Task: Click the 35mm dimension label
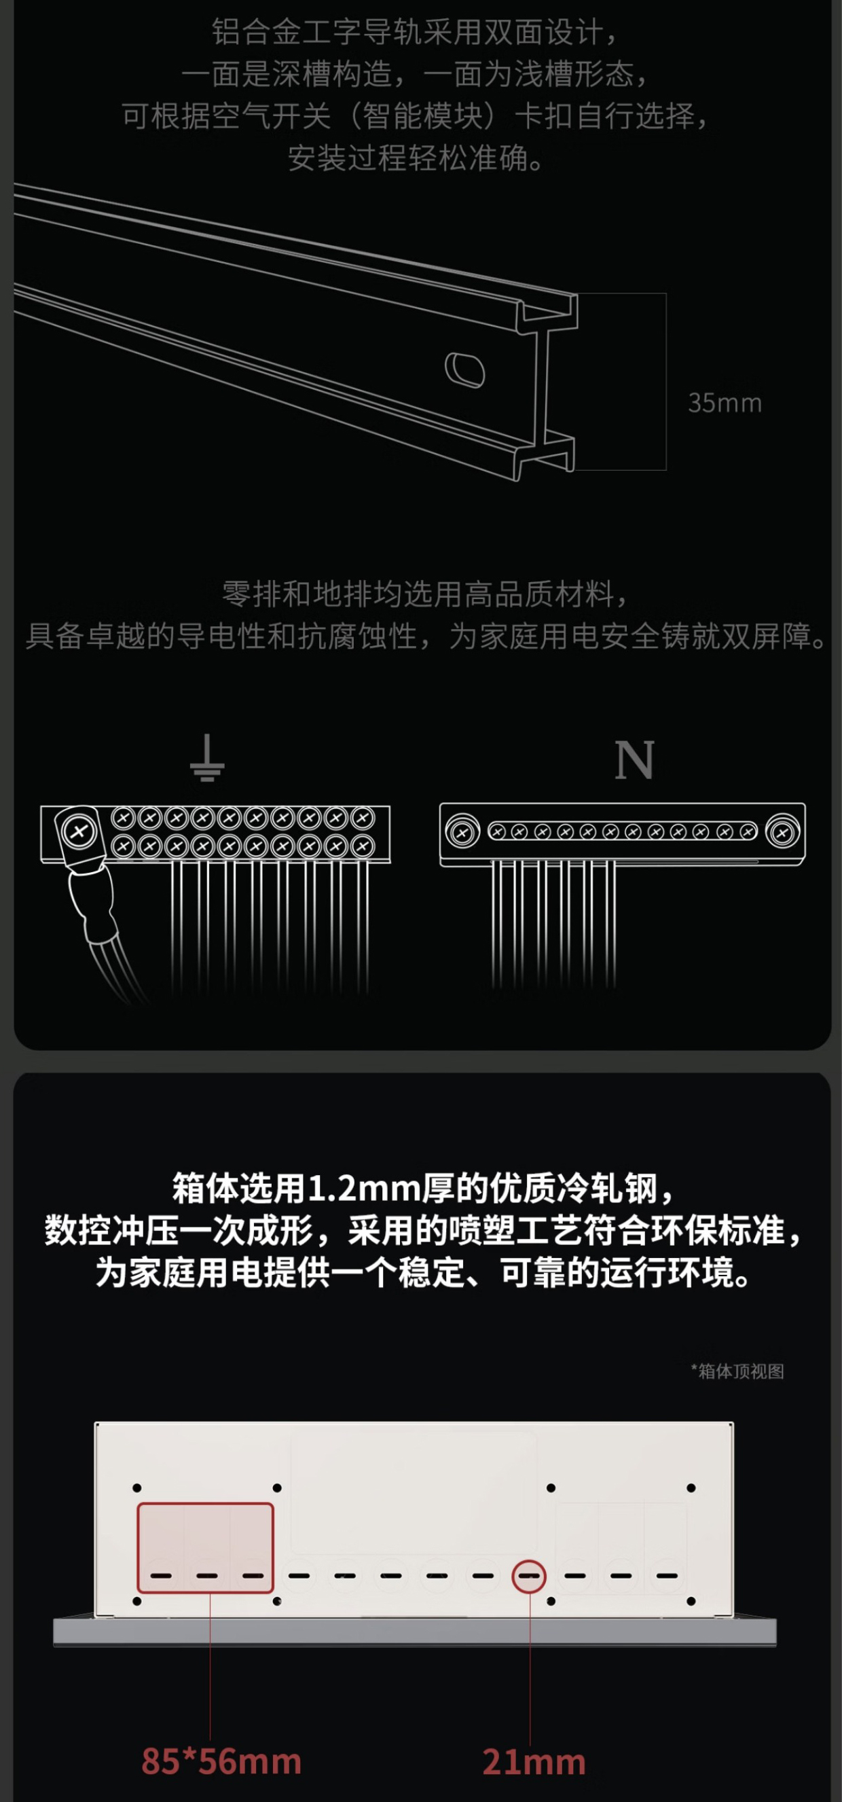pos(725,403)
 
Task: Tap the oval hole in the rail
pos(465,370)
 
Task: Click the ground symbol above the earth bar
pos(207,757)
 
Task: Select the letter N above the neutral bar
pos(634,759)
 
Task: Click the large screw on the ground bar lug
pos(79,832)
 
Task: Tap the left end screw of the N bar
pos(462,833)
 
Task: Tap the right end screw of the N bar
pos(782,833)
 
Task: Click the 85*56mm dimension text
pos(221,1761)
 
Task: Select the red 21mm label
pos(534,1762)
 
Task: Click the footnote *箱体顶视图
pos(737,1371)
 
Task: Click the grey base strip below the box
pos(415,1632)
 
